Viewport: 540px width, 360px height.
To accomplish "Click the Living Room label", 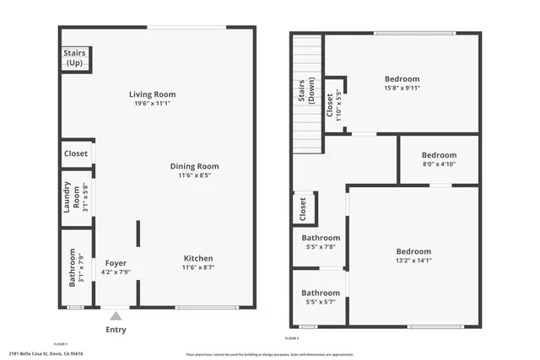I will [x=152, y=94].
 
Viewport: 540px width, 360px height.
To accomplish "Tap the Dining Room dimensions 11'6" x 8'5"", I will [x=194, y=176].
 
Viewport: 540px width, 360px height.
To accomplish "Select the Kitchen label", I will [x=197, y=258].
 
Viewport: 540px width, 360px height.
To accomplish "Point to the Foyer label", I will [x=115, y=263].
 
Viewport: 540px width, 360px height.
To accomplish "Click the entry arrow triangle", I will [x=116, y=315].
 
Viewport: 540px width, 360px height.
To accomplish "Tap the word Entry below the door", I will [x=116, y=330].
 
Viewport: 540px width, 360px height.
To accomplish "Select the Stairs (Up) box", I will [x=75, y=58].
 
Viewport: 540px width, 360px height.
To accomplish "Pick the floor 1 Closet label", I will [x=75, y=153].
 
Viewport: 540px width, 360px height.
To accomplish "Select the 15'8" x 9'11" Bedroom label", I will [x=402, y=79].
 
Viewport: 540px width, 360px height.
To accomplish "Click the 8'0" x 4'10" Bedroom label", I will [x=439, y=155].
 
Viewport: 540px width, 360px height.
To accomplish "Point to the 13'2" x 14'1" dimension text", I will [x=413, y=261].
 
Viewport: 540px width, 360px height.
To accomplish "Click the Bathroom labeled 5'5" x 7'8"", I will [x=321, y=238].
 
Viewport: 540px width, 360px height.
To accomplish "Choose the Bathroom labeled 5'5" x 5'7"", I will [x=321, y=293].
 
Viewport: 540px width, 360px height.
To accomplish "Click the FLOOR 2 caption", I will [x=292, y=338].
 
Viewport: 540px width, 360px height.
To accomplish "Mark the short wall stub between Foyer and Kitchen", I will [x=138, y=234].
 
